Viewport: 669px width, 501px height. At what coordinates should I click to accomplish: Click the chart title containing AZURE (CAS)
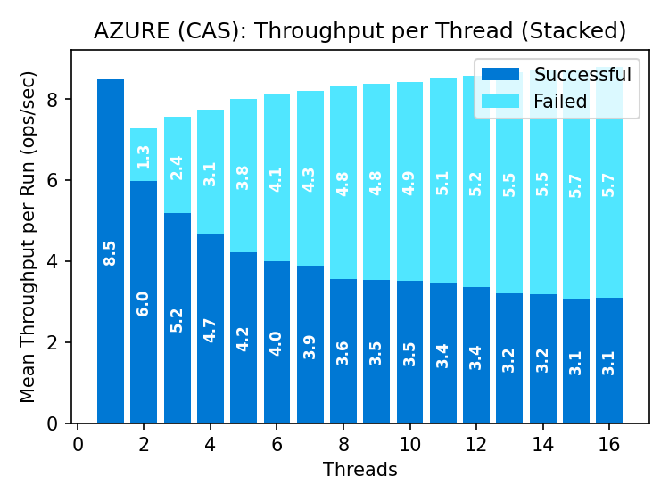point(359,31)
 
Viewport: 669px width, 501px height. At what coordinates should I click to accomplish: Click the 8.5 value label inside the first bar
point(111,252)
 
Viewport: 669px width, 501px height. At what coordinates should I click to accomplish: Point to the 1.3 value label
point(144,156)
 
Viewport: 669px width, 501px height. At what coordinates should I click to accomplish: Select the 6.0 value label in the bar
point(144,303)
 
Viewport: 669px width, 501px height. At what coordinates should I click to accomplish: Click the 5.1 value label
point(442,183)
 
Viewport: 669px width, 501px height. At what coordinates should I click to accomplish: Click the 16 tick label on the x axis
point(609,444)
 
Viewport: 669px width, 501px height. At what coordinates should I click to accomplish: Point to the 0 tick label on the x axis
point(78,444)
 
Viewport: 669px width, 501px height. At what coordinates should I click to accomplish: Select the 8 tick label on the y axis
point(54,100)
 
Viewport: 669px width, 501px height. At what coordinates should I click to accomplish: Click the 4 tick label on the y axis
point(54,262)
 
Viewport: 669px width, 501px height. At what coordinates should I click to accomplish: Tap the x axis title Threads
point(359,469)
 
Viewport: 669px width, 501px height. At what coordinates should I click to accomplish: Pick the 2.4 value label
point(177,168)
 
